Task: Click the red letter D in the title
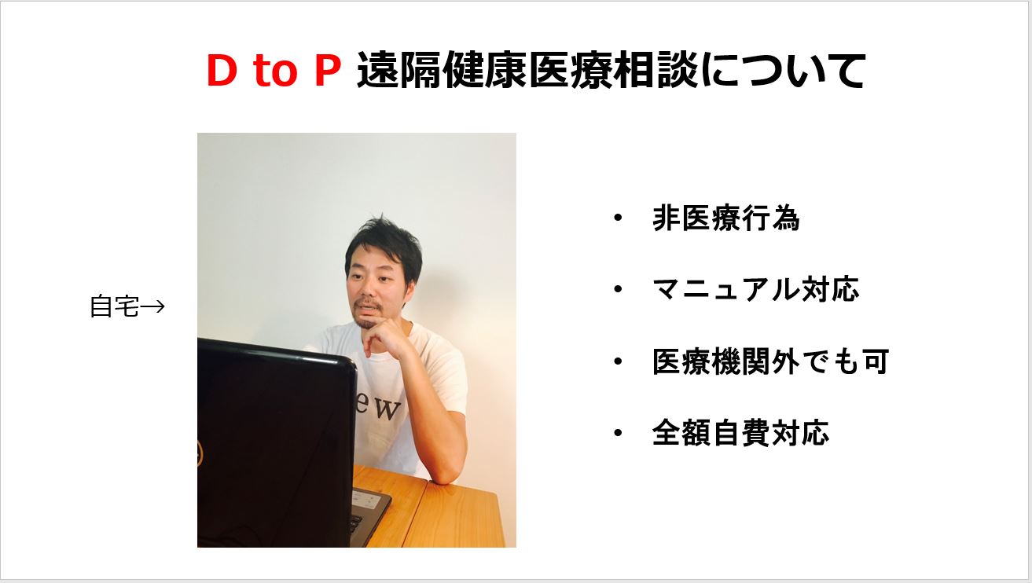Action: click(x=222, y=70)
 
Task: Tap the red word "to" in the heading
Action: click(x=274, y=71)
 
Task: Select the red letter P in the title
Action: click(x=327, y=70)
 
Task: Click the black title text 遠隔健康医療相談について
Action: click(x=611, y=70)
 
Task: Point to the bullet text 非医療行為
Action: click(x=726, y=218)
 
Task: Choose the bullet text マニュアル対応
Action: click(x=756, y=289)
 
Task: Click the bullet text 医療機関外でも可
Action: click(x=771, y=361)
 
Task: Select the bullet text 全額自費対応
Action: click(x=741, y=433)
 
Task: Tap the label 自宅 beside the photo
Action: click(x=114, y=306)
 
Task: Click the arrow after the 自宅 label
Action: click(x=152, y=306)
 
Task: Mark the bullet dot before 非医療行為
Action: click(x=618, y=218)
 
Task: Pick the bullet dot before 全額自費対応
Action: click(x=618, y=433)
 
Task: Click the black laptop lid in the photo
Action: click(x=276, y=442)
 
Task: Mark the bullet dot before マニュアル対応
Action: click(x=618, y=289)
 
